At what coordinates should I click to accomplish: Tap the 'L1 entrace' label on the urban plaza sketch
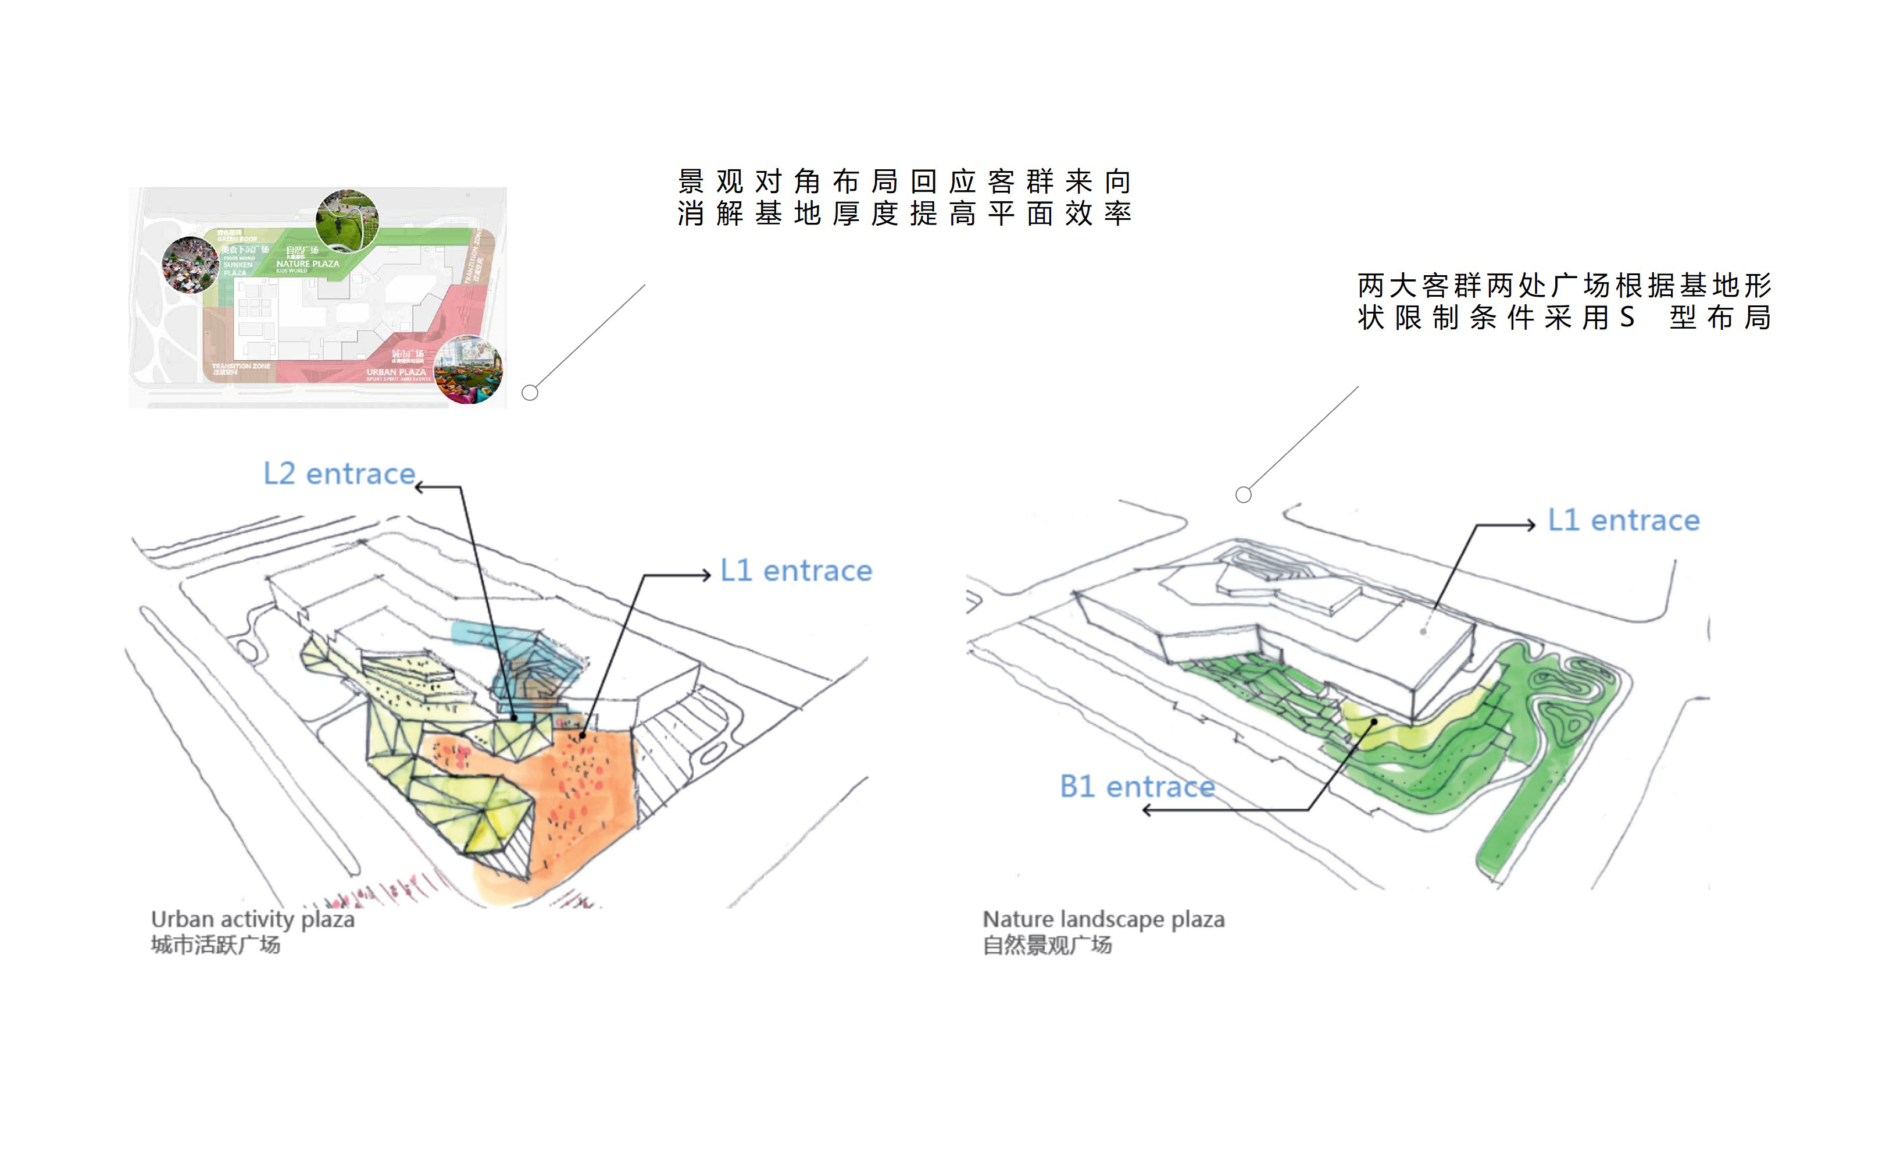pyautogui.click(x=795, y=571)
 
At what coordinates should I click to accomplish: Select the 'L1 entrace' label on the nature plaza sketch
pyautogui.click(x=1623, y=521)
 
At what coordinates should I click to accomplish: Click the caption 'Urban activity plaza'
pyautogui.click(x=252, y=919)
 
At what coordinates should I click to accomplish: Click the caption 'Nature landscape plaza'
pyautogui.click(x=1103, y=919)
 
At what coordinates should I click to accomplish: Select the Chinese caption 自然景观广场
pyautogui.click(x=1046, y=945)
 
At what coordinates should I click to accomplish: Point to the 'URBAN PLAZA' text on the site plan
pyautogui.click(x=396, y=372)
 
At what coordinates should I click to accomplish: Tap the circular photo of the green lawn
pyautogui.click(x=347, y=219)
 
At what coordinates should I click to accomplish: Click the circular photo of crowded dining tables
pyautogui.click(x=190, y=265)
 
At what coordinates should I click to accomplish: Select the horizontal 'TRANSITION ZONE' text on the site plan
pyautogui.click(x=241, y=366)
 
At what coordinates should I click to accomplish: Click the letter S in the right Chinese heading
pyautogui.click(x=1627, y=317)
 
